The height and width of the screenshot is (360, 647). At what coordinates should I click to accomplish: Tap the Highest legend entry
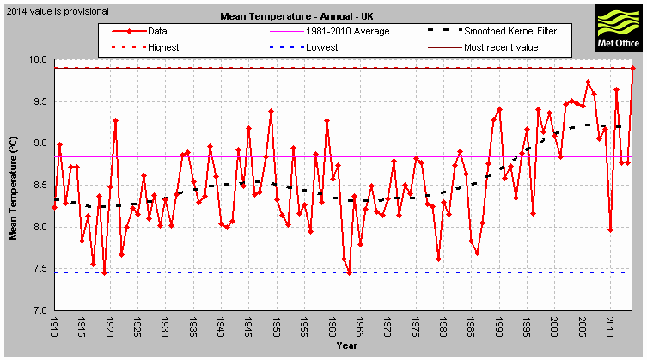tap(162, 46)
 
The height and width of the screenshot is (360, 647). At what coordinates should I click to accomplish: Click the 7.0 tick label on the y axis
tap(39, 311)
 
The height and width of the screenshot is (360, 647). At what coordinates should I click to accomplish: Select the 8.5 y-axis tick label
tap(39, 186)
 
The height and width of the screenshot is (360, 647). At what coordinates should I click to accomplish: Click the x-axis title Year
tap(348, 346)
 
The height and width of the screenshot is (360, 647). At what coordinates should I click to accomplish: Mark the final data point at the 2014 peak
tap(632, 68)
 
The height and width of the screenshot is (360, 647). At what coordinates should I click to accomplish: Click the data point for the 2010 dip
tap(610, 229)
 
